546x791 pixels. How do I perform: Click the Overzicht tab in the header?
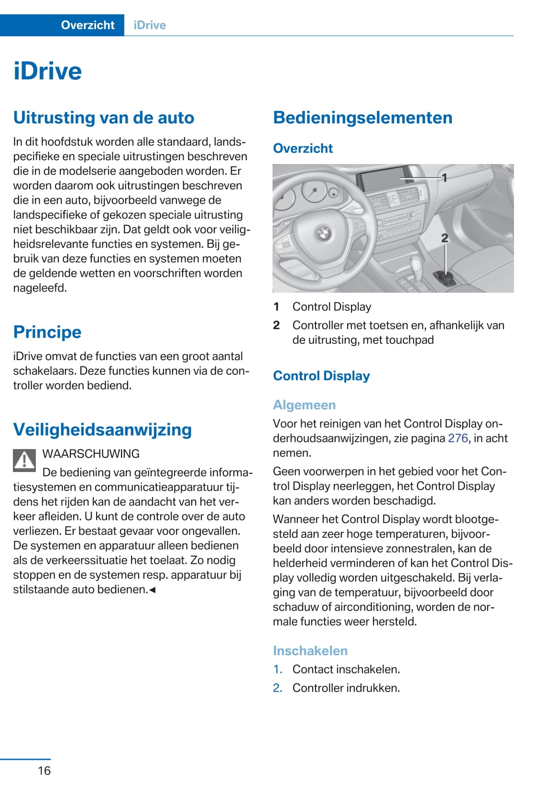(87, 25)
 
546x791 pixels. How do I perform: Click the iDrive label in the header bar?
(150, 25)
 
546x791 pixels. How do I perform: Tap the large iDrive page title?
(48, 71)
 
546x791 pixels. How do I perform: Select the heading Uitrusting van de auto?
(104, 118)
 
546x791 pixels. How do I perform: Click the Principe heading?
(47, 332)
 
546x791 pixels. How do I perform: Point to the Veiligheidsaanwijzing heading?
(102, 429)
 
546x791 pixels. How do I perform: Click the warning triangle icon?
(24, 461)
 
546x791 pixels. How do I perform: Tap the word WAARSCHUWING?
(91, 454)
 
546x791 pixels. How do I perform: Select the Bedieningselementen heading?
(362, 118)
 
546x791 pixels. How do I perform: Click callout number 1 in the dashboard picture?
(444, 178)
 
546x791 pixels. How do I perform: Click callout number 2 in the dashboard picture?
(445, 238)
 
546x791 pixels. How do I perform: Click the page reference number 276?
(458, 439)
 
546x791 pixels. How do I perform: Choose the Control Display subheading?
(321, 376)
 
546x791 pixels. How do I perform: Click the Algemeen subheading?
(304, 405)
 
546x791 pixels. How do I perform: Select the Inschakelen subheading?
(310, 651)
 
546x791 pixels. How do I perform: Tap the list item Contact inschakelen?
(346, 670)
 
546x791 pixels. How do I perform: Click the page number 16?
(44, 770)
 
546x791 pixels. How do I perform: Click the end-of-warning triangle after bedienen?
(153, 590)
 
